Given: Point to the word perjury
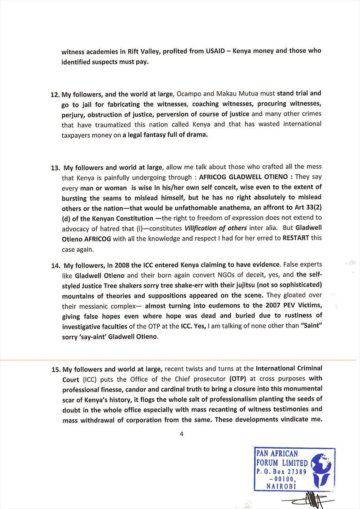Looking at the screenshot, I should (72, 115).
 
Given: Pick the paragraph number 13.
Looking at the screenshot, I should (55, 168).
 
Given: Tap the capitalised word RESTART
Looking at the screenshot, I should (296, 238).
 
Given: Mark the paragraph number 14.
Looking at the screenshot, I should (55, 265).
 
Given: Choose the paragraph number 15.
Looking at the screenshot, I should (56, 370).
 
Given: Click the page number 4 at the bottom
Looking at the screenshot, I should (181, 434).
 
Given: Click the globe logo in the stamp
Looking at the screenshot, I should (321, 469).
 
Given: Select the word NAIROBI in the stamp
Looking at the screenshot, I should (281, 486).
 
